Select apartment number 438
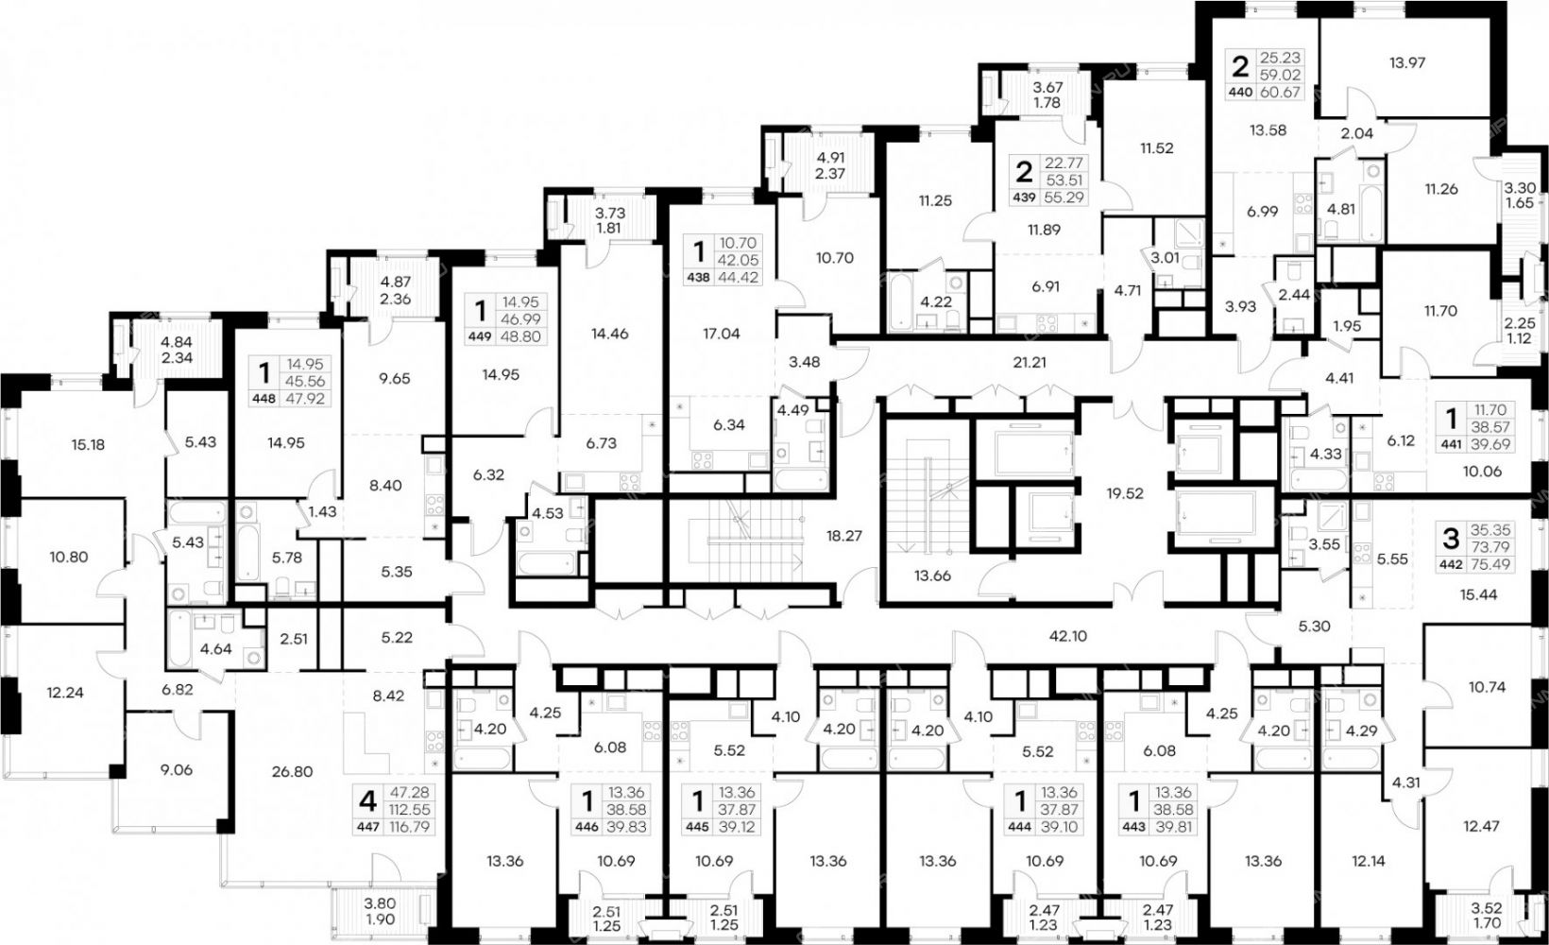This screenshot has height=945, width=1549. click(696, 278)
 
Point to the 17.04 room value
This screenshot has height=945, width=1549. click(721, 334)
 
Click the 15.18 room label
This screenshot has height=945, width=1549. click(88, 445)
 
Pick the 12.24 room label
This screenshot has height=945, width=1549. click(67, 693)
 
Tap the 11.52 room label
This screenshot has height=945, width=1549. click(1157, 147)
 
